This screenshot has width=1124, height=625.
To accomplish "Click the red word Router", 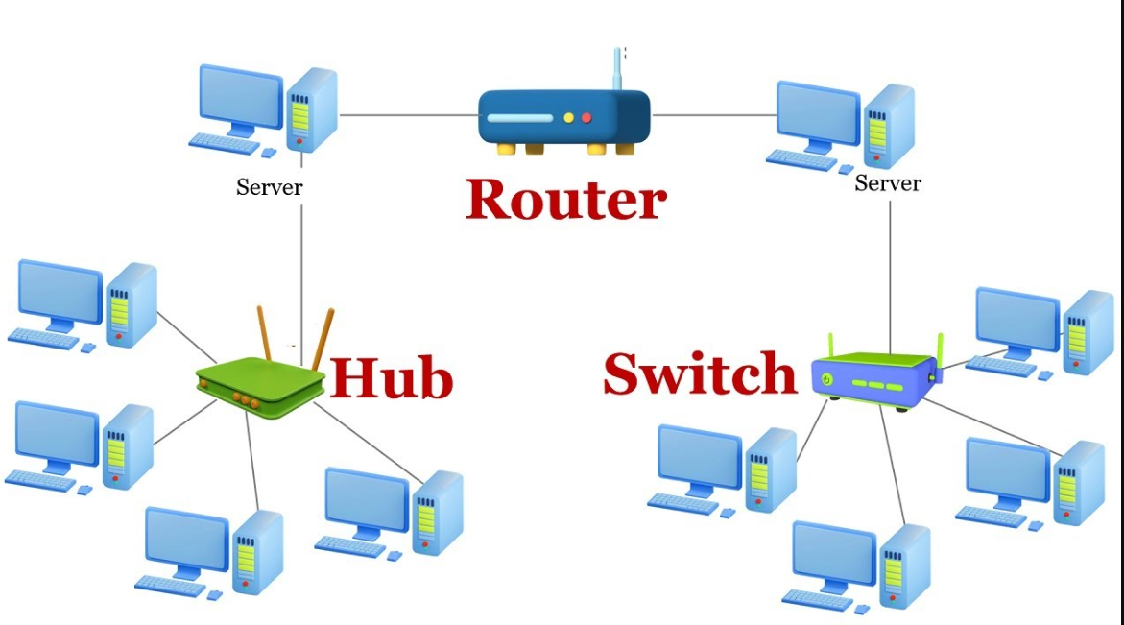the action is [x=566, y=199].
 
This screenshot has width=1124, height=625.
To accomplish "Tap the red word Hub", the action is [x=392, y=377].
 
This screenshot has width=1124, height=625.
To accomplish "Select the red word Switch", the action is [x=700, y=373].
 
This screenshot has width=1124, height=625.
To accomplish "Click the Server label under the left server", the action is [x=270, y=187].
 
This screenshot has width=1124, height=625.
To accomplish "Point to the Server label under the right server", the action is [x=888, y=182].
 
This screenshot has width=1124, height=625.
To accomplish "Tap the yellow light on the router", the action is [x=568, y=117].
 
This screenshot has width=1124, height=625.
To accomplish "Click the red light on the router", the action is [x=586, y=117].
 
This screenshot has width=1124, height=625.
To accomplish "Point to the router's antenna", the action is [x=616, y=69].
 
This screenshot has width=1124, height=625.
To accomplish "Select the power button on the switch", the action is [x=826, y=379].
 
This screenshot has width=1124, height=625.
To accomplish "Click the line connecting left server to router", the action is [x=409, y=114].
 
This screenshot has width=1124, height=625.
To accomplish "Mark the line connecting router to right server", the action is [x=714, y=114].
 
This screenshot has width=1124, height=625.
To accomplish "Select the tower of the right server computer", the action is [x=889, y=126].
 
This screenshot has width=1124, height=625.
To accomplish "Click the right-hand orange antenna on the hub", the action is [x=323, y=338].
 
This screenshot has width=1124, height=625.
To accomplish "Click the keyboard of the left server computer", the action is [x=224, y=143].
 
